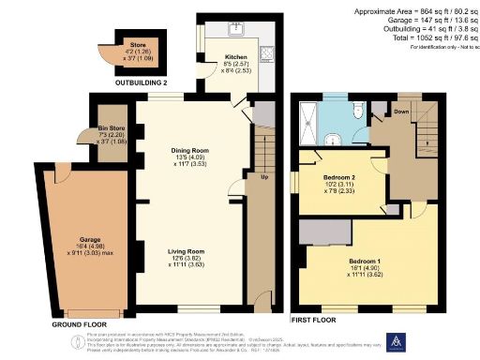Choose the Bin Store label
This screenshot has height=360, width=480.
tap(112, 128)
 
